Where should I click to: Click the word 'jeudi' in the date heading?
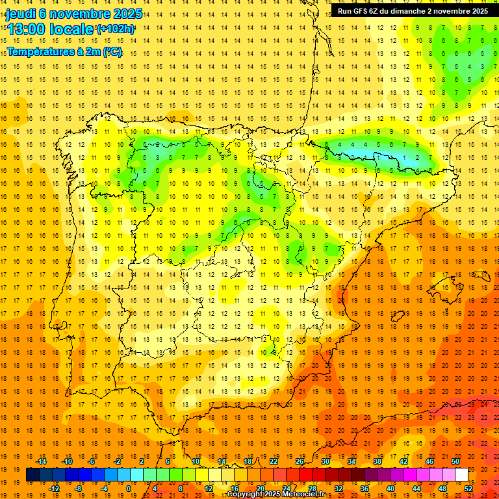pyautogui.click(x=21, y=14)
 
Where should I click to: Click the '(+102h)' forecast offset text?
pyautogui.click(x=116, y=29)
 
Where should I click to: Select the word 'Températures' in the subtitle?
pyautogui.click(x=39, y=51)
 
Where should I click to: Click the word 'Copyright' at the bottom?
pyautogui.click(x=246, y=494)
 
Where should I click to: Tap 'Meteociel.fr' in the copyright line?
pyautogui.click(x=308, y=494)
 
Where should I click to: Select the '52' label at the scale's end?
pyautogui.click(x=468, y=488)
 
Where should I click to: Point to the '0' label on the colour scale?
pyautogui.click(x=128, y=488)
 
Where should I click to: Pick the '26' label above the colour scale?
pyautogui.click(x=300, y=461)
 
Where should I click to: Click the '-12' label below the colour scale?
pyautogui.click(x=54, y=488)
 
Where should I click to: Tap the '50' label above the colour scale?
pyautogui.click(x=455, y=461)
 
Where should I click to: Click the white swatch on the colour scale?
pyautogui.click(x=461, y=475)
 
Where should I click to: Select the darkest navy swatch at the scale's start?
pyautogui.click(x=32, y=475)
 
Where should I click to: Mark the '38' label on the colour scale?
pyautogui.click(x=377, y=461)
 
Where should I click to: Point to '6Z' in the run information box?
pyautogui.click(x=381, y=11)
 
